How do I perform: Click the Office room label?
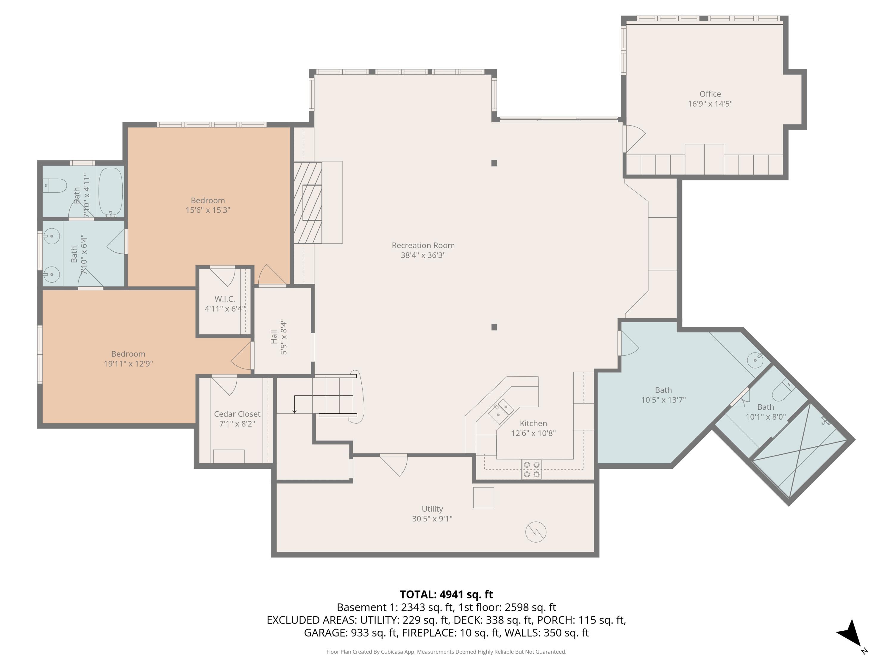point(710,94)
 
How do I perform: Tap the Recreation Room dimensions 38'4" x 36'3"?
point(423,255)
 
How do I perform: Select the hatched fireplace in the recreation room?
point(307,202)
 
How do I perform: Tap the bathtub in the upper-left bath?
point(111,193)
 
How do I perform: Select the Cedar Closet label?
point(237,414)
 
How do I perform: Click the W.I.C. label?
point(225,299)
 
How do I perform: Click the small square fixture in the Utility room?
point(483,498)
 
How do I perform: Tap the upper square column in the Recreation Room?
point(494,163)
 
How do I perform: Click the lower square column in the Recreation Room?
point(494,327)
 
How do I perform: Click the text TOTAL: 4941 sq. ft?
point(446,594)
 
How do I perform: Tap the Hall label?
point(274,337)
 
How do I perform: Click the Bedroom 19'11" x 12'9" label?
point(128,359)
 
